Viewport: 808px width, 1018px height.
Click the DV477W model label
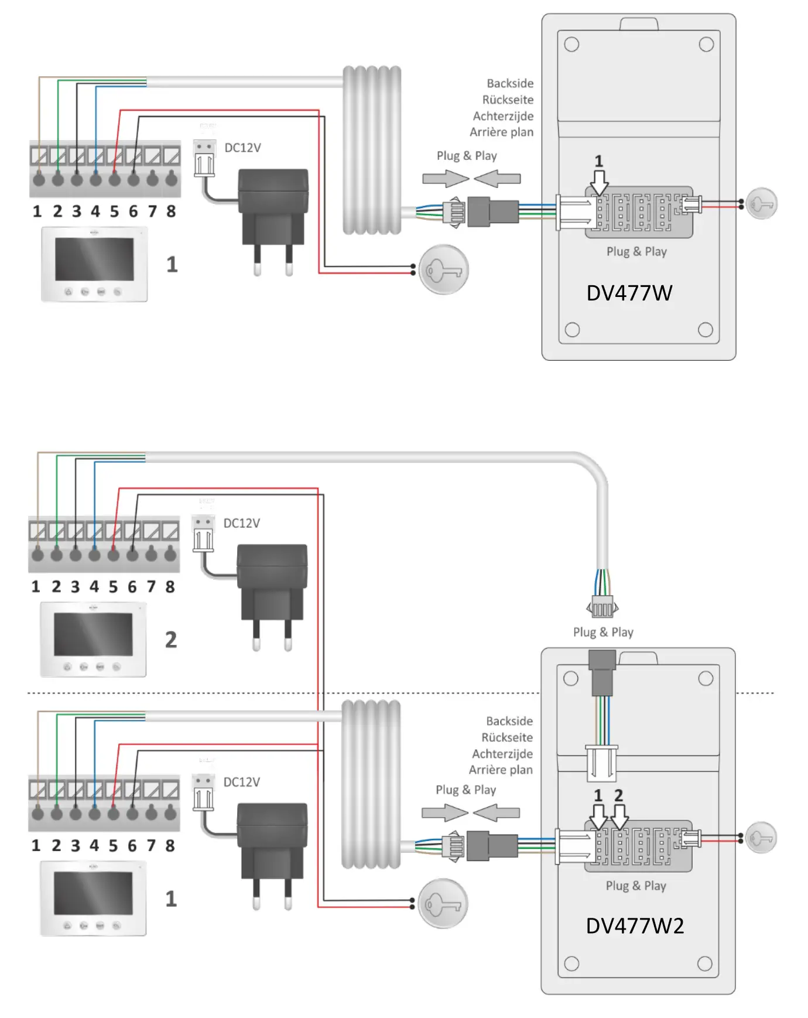629,293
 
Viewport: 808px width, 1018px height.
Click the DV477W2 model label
635,926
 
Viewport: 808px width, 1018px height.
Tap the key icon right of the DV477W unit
762,204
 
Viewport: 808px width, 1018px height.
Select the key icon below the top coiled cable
444,270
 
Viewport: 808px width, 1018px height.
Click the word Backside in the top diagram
509,83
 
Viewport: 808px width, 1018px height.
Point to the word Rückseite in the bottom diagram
506,737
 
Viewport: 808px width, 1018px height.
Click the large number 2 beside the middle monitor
170,640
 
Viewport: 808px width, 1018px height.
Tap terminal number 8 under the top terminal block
171,211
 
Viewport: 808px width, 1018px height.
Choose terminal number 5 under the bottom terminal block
113,846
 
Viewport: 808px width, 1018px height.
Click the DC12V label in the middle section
241,523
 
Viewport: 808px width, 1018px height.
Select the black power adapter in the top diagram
273,208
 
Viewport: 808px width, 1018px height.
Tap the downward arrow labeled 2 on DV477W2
619,817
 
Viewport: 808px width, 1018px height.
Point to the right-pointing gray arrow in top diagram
446,178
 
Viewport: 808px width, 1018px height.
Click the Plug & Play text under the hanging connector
603,632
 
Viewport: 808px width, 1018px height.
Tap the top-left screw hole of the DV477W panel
571,45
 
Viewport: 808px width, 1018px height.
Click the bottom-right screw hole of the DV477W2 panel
705,964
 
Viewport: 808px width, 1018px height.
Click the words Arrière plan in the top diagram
501,132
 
